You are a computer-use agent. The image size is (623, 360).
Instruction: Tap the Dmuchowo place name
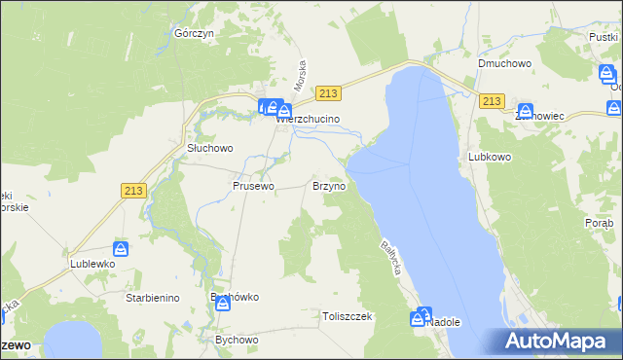coord(502,64)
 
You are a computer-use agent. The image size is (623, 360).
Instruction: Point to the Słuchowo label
coord(210,149)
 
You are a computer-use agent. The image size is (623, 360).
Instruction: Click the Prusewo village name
coord(253,185)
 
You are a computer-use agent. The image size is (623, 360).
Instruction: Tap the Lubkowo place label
coord(490,156)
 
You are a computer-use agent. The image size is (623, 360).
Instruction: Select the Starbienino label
coord(152,298)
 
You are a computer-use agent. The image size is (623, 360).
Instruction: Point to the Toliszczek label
coord(348,316)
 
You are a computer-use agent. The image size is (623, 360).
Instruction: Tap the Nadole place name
coord(444,322)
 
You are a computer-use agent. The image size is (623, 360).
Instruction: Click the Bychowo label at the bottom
coord(236,341)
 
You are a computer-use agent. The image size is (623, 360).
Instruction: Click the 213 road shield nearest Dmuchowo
coord(491,101)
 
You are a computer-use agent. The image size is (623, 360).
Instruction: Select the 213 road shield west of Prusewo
coord(134,192)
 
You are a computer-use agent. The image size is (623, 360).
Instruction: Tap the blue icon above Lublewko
coord(121,249)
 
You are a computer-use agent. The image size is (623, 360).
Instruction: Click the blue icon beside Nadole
coord(422,315)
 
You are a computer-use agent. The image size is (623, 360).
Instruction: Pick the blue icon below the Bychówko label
coord(223,304)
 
